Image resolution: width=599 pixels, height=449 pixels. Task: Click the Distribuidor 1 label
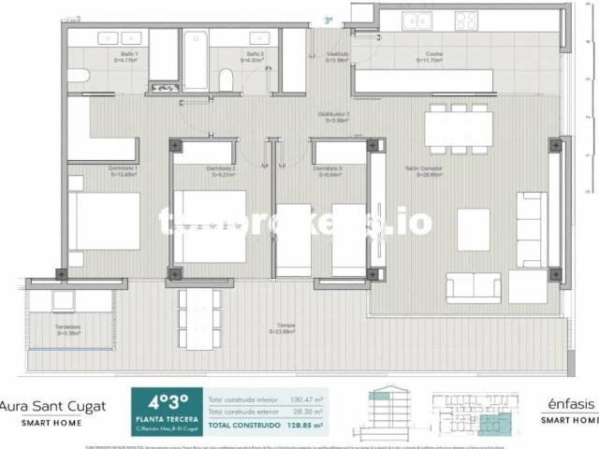tap(337, 117)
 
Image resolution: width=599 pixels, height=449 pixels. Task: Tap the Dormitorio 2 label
tap(221, 171)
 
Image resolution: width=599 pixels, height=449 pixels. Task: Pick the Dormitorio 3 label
tap(327, 171)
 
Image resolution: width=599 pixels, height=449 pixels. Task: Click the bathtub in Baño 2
tap(195, 60)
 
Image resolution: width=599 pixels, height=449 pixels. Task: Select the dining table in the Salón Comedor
tap(456, 128)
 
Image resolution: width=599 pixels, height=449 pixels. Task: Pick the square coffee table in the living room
tap(473, 229)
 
